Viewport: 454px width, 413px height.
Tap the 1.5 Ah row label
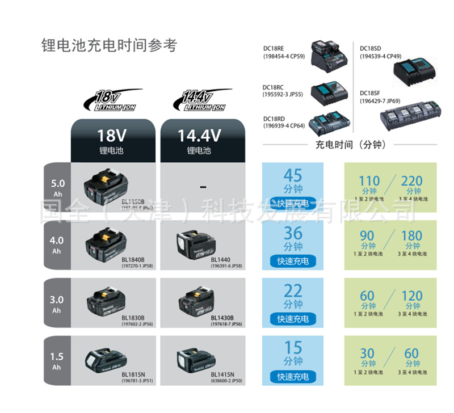pyautogui.click(x=57, y=361)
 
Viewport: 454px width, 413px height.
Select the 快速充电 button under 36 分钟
pyautogui.click(x=293, y=262)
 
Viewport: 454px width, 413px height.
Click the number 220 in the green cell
pyautogui.click(x=412, y=182)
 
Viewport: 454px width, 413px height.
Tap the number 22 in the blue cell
pyautogui.click(x=293, y=291)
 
